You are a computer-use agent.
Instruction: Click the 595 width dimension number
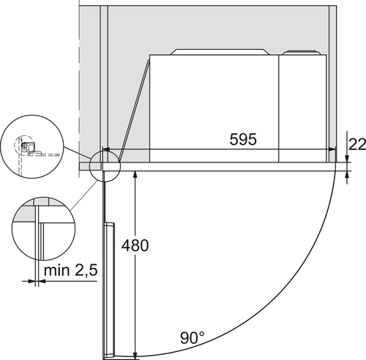(243, 139)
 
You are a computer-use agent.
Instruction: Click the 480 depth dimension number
(135, 245)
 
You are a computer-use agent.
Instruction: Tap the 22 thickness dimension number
(357, 144)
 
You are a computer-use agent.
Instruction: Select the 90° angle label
(193, 338)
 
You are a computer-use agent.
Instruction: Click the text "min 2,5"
(71, 270)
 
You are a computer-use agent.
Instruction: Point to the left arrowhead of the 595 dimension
(106, 149)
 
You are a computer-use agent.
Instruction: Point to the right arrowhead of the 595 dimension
(332, 149)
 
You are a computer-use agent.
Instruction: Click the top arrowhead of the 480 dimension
(135, 174)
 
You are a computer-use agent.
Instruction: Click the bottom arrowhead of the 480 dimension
(135, 355)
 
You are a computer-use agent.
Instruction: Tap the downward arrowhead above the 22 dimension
(347, 159)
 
